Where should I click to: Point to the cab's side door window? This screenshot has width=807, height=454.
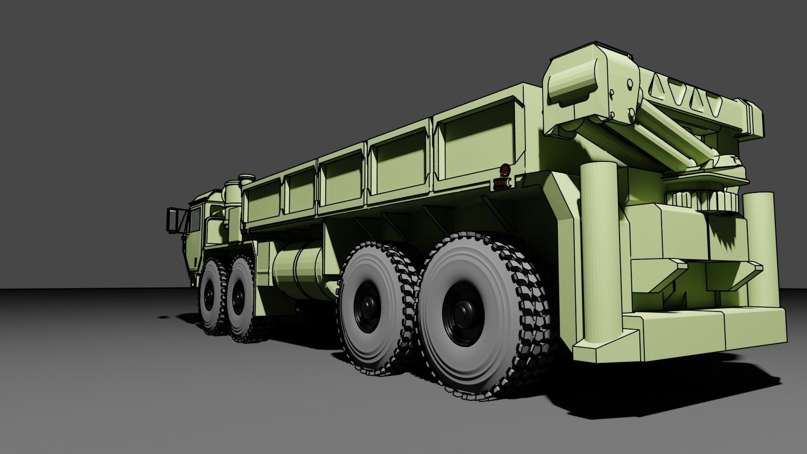pos(195,220)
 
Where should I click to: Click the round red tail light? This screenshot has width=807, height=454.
pos(504,170)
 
